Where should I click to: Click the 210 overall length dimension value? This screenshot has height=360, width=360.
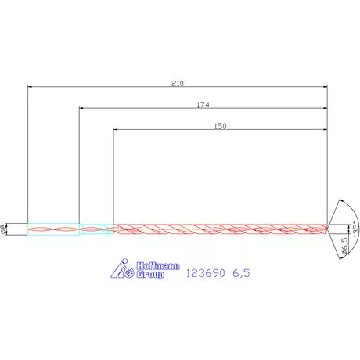pos(178,84)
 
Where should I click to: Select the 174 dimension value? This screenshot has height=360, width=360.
pos(203,105)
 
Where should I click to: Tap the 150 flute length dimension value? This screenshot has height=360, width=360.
pos(221,126)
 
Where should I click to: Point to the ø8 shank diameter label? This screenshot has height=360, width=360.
pos(3,229)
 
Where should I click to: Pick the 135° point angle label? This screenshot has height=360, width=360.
pos(356,229)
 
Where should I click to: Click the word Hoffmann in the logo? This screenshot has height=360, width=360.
pos(158,266)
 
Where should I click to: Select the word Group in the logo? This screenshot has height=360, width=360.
pos(150,275)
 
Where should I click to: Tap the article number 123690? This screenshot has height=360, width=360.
pos(205,273)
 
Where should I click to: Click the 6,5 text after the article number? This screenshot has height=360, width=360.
pos(241,273)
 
